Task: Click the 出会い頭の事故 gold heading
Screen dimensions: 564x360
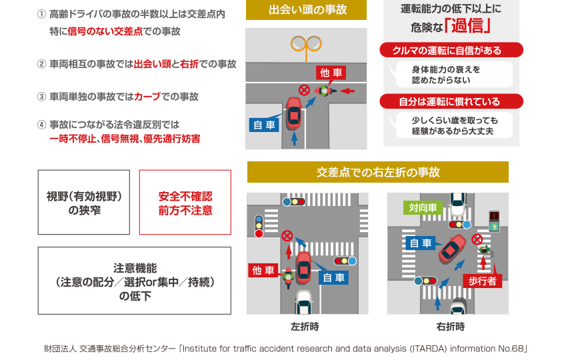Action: [306, 10]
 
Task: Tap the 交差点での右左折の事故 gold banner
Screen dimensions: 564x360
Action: [378, 172]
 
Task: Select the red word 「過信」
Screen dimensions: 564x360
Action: [467, 26]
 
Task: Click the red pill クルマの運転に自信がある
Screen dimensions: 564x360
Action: [451, 50]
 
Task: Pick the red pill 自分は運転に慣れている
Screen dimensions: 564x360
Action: [451, 101]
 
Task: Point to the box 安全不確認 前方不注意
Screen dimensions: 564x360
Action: [185, 203]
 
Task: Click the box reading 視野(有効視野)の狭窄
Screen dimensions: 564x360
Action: [84, 203]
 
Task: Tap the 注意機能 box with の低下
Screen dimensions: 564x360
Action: [135, 281]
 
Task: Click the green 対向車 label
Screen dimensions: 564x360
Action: [423, 207]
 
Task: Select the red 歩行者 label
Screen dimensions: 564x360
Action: [483, 281]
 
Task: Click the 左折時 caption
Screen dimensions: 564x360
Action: [305, 327]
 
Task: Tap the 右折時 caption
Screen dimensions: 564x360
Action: [451, 327]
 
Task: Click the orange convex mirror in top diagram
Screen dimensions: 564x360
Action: [306, 45]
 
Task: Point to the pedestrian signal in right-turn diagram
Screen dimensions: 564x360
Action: [494, 221]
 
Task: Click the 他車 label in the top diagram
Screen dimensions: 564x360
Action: [331, 73]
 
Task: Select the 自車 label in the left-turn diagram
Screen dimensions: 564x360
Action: [333, 277]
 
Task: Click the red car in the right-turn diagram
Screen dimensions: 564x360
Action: [452, 248]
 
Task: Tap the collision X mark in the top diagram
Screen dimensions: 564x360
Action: [304, 89]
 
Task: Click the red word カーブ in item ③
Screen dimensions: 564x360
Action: [147, 97]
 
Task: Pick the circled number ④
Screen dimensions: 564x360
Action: [42, 125]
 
